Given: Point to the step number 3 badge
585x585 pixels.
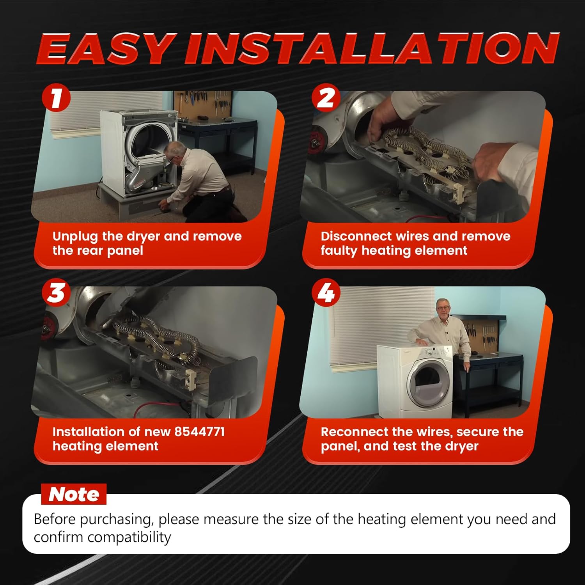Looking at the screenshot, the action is (56, 293).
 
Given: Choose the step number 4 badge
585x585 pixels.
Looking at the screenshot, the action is (326, 293).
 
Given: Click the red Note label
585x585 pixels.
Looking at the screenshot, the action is (74, 494).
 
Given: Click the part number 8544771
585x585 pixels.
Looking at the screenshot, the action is (199, 432).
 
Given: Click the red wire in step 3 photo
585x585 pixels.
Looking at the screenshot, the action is (160, 406).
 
